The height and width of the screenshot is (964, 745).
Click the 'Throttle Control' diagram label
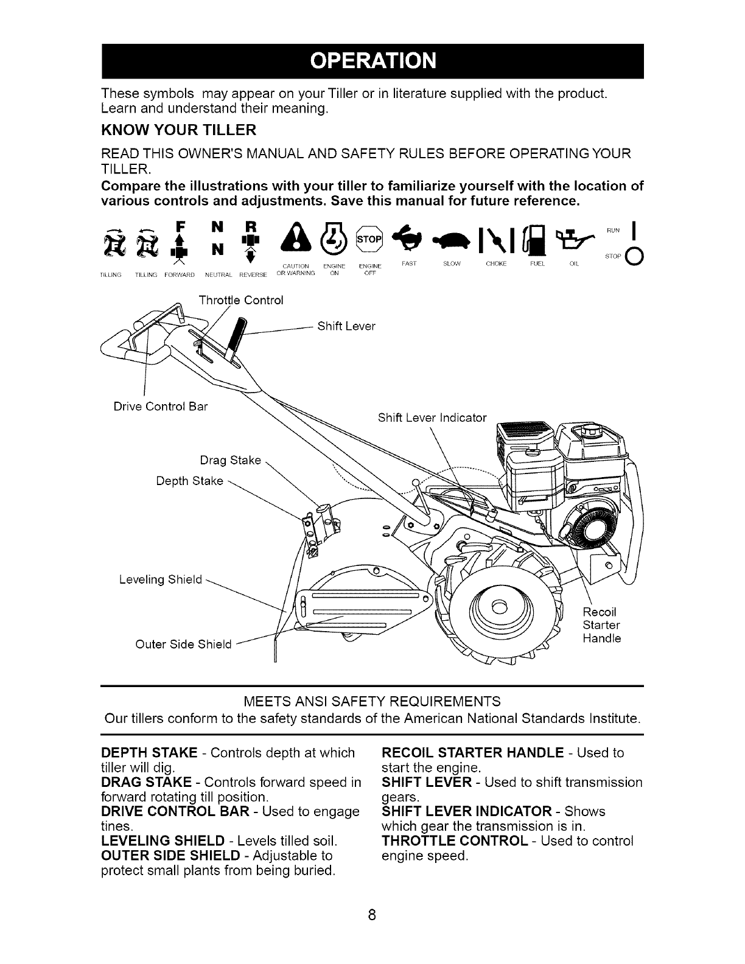click(241, 301)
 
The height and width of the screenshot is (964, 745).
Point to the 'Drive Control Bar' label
click(161, 407)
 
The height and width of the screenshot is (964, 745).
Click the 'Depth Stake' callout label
click(189, 481)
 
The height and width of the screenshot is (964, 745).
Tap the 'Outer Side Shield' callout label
click(183, 644)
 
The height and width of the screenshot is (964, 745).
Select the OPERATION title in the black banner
click(372, 61)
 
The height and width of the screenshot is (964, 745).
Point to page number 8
click(372, 915)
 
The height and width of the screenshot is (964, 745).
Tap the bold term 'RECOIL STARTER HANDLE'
click(472, 753)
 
